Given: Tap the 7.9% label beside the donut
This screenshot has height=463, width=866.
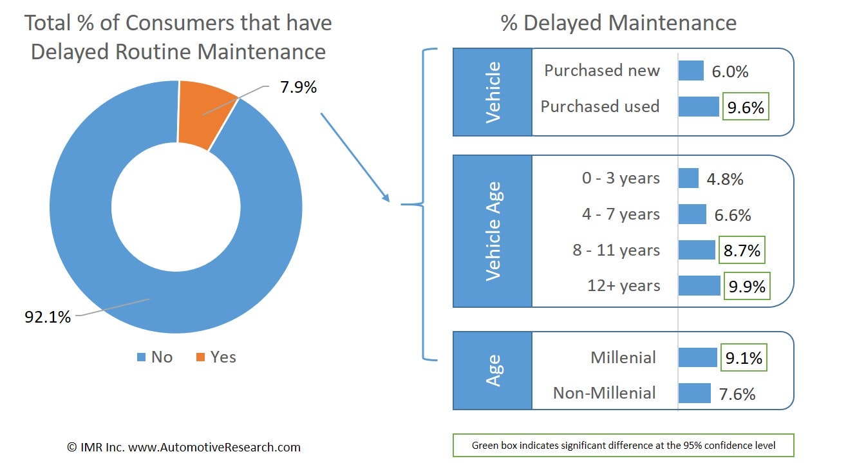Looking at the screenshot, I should (298, 87).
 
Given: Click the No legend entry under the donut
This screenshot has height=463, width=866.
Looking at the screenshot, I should (155, 357).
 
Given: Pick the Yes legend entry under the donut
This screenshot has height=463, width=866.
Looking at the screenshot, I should (216, 357).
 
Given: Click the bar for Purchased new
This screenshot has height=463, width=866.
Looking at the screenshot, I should (691, 71).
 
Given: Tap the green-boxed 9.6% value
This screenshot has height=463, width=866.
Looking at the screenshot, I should (746, 108).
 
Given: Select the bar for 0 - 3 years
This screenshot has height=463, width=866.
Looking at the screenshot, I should (688, 178).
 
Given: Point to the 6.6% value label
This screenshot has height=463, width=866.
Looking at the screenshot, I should (733, 215).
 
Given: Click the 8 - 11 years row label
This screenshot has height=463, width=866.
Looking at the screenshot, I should (616, 250).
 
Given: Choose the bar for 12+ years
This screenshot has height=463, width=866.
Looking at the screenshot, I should (699, 286).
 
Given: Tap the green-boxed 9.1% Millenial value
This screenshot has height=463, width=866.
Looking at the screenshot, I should (744, 358).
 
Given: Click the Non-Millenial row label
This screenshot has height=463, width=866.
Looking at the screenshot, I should (604, 393).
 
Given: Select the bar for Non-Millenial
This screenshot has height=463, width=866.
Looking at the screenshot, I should (694, 393).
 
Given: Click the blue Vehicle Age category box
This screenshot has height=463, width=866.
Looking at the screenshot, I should (493, 231).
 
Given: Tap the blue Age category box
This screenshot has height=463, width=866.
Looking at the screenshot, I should (493, 370).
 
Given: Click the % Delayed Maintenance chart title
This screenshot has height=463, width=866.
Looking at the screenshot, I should (618, 23).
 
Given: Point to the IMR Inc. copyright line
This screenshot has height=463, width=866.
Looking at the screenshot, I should (184, 447).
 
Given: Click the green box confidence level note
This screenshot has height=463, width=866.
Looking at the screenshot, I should (623, 445).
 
